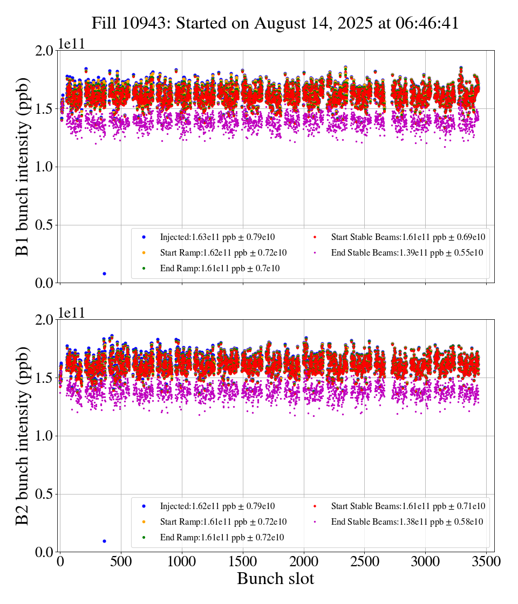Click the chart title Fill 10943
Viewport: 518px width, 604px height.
[x=275, y=23]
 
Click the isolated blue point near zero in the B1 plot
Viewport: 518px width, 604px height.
[x=104, y=274]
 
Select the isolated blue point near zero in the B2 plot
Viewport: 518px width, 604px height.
[x=104, y=541]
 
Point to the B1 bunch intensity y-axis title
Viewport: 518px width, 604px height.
[x=23, y=167]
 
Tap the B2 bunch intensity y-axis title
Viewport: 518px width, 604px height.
[x=23, y=436]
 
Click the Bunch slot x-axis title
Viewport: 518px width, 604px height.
[x=275, y=579]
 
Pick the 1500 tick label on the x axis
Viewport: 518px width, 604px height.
[x=243, y=561]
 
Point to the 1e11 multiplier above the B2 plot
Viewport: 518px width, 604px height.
[x=72, y=313]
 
